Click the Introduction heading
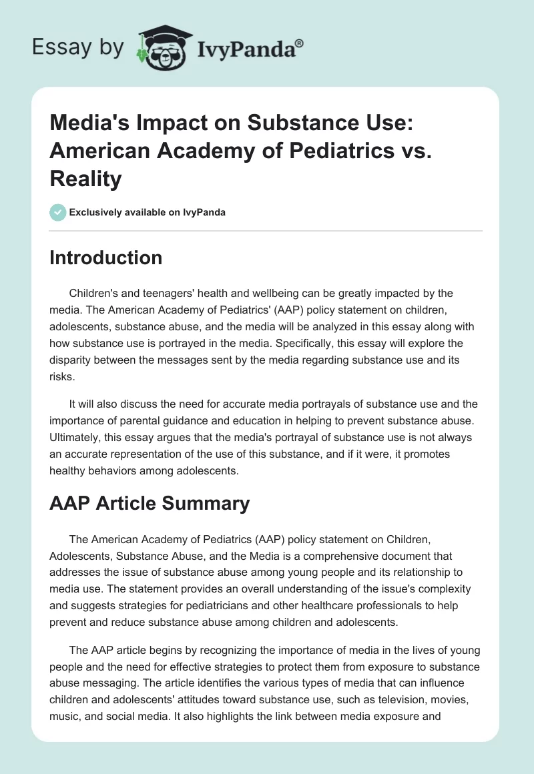click(x=105, y=258)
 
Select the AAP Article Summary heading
click(x=150, y=503)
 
